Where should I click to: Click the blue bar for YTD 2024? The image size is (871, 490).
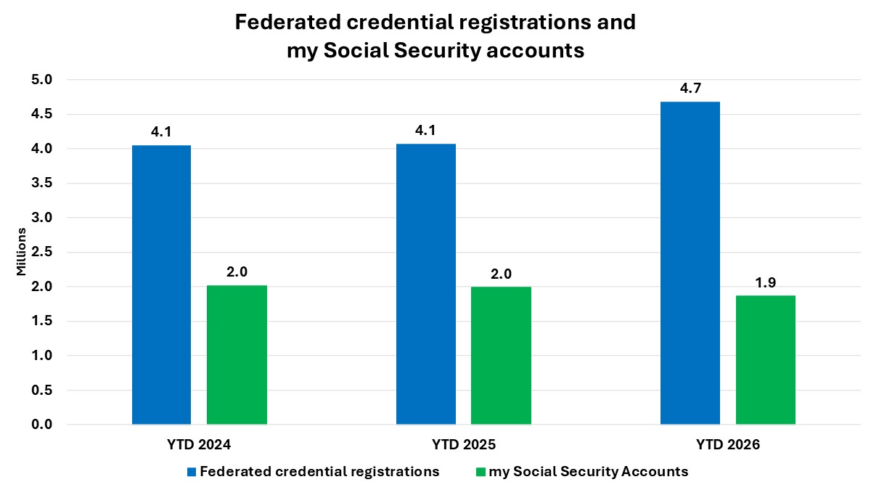[x=161, y=285]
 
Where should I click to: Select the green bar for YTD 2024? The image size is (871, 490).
[x=237, y=355]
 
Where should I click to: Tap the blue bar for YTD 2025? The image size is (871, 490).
[x=426, y=284]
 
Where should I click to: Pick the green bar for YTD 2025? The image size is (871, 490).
[x=501, y=356]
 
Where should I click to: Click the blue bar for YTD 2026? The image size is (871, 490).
[x=690, y=263]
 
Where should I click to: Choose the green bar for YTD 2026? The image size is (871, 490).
[x=765, y=360]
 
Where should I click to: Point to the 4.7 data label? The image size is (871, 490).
[x=690, y=89]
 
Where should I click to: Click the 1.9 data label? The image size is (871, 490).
[x=765, y=282]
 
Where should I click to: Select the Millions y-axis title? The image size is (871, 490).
[x=21, y=252]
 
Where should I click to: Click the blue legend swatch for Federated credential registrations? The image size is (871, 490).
[x=192, y=472]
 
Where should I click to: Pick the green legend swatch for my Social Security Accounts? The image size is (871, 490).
[x=480, y=472]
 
